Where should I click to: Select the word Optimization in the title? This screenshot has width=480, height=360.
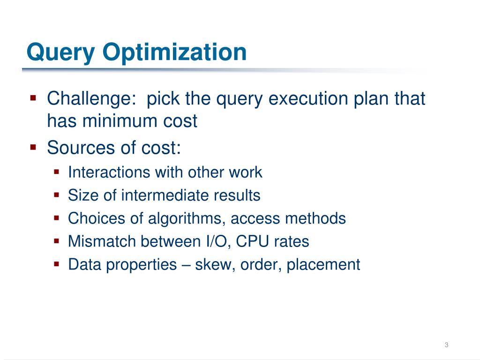coord(175,52)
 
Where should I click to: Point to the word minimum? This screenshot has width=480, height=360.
coord(120,121)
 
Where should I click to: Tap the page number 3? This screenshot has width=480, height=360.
coord(446,345)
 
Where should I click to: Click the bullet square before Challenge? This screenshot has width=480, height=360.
coord(33,98)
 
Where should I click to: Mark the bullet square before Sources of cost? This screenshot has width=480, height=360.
coord(33,148)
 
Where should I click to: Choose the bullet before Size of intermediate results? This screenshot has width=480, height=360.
coord(57,195)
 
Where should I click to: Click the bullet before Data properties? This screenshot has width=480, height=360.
coord(57,264)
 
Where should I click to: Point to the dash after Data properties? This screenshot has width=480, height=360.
coord(185,265)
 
